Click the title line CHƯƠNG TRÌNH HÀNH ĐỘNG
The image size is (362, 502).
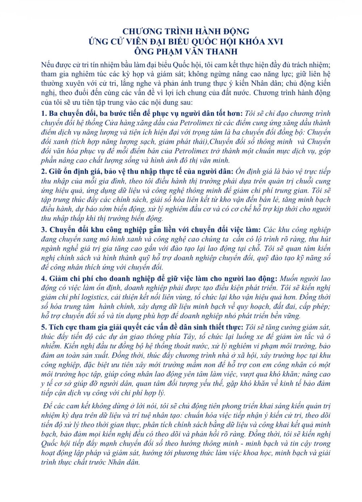pos(186,32)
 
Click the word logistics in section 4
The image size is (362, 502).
pos(93,297)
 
